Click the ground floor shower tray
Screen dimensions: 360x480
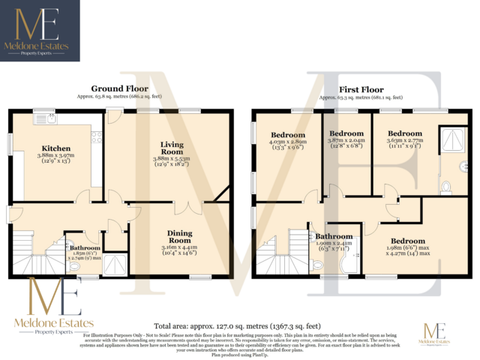115,262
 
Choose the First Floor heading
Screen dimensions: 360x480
355,88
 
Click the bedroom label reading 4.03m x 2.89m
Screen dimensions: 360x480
288,140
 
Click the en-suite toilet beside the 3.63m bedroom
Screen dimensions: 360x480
447,185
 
